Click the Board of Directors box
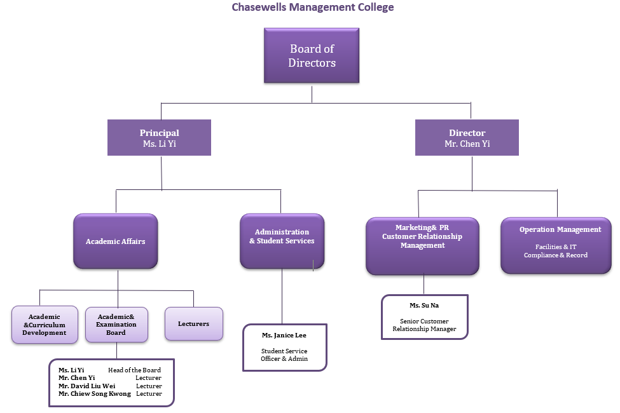(x=312, y=55)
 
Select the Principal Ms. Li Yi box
(x=159, y=138)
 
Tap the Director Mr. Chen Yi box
(x=467, y=138)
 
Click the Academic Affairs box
(x=116, y=241)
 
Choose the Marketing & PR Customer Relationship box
(x=422, y=247)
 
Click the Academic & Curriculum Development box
(x=45, y=325)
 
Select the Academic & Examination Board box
(x=116, y=325)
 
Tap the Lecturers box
(x=194, y=324)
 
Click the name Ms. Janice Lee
(x=284, y=335)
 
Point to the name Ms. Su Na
(x=424, y=306)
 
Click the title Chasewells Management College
(x=312, y=8)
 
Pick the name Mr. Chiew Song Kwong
(x=95, y=394)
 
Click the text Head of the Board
(x=134, y=370)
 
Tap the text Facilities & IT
(x=556, y=247)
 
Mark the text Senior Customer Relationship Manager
(x=424, y=325)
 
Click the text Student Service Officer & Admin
(x=284, y=355)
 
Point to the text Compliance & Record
(x=556, y=255)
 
